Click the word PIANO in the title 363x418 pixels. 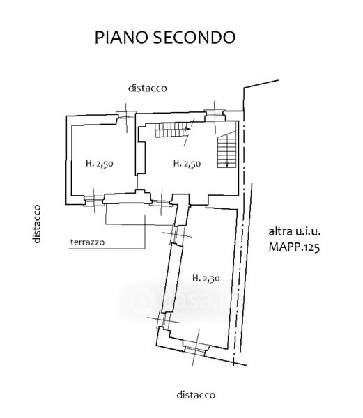(121, 38)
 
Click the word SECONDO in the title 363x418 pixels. (194, 38)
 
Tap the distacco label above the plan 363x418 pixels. (148, 88)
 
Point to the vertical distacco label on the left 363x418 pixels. (37, 224)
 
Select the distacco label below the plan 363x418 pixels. (196, 395)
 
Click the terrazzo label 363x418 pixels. (87, 242)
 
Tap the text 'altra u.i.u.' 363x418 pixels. (295, 231)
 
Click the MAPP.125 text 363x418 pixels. (294, 247)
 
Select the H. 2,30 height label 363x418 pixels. (206, 278)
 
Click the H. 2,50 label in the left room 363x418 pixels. (100, 164)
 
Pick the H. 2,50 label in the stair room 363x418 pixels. (187, 164)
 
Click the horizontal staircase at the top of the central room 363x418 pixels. (171, 130)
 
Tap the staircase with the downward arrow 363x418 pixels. (227, 150)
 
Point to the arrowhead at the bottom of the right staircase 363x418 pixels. (227, 164)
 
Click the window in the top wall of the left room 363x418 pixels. (126, 116)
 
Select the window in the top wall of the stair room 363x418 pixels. (215, 113)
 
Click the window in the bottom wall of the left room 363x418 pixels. (93, 200)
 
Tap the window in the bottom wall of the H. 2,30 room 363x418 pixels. (195, 348)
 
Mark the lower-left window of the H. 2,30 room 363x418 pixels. (163, 320)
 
